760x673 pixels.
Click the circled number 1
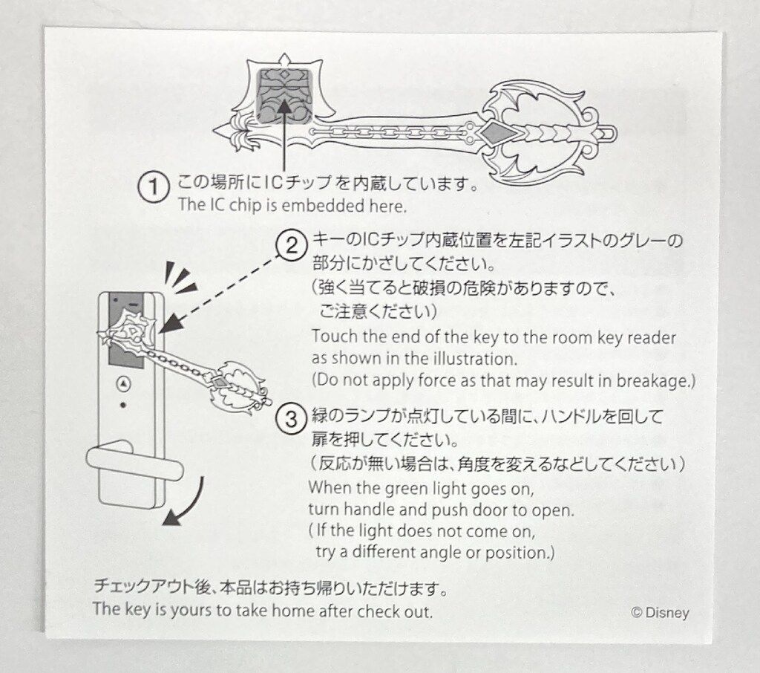[x=154, y=186]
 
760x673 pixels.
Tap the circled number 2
[x=291, y=246]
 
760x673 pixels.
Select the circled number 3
[x=291, y=418]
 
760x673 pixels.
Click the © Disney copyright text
[x=660, y=612]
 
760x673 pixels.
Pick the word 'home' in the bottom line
[x=292, y=611]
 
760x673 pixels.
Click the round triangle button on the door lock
[x=124, y=384]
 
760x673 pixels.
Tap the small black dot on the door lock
[x=123, y=405]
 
